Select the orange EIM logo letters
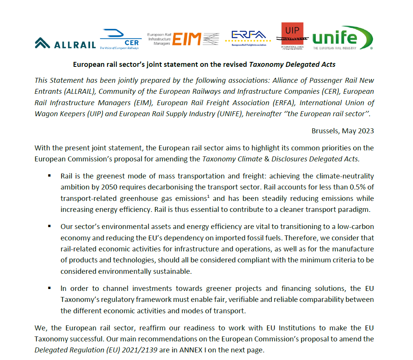coord(186,39)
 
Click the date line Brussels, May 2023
coord(342,131)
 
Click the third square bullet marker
coord(49,288)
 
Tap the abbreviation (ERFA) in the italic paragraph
coord(286,103)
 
